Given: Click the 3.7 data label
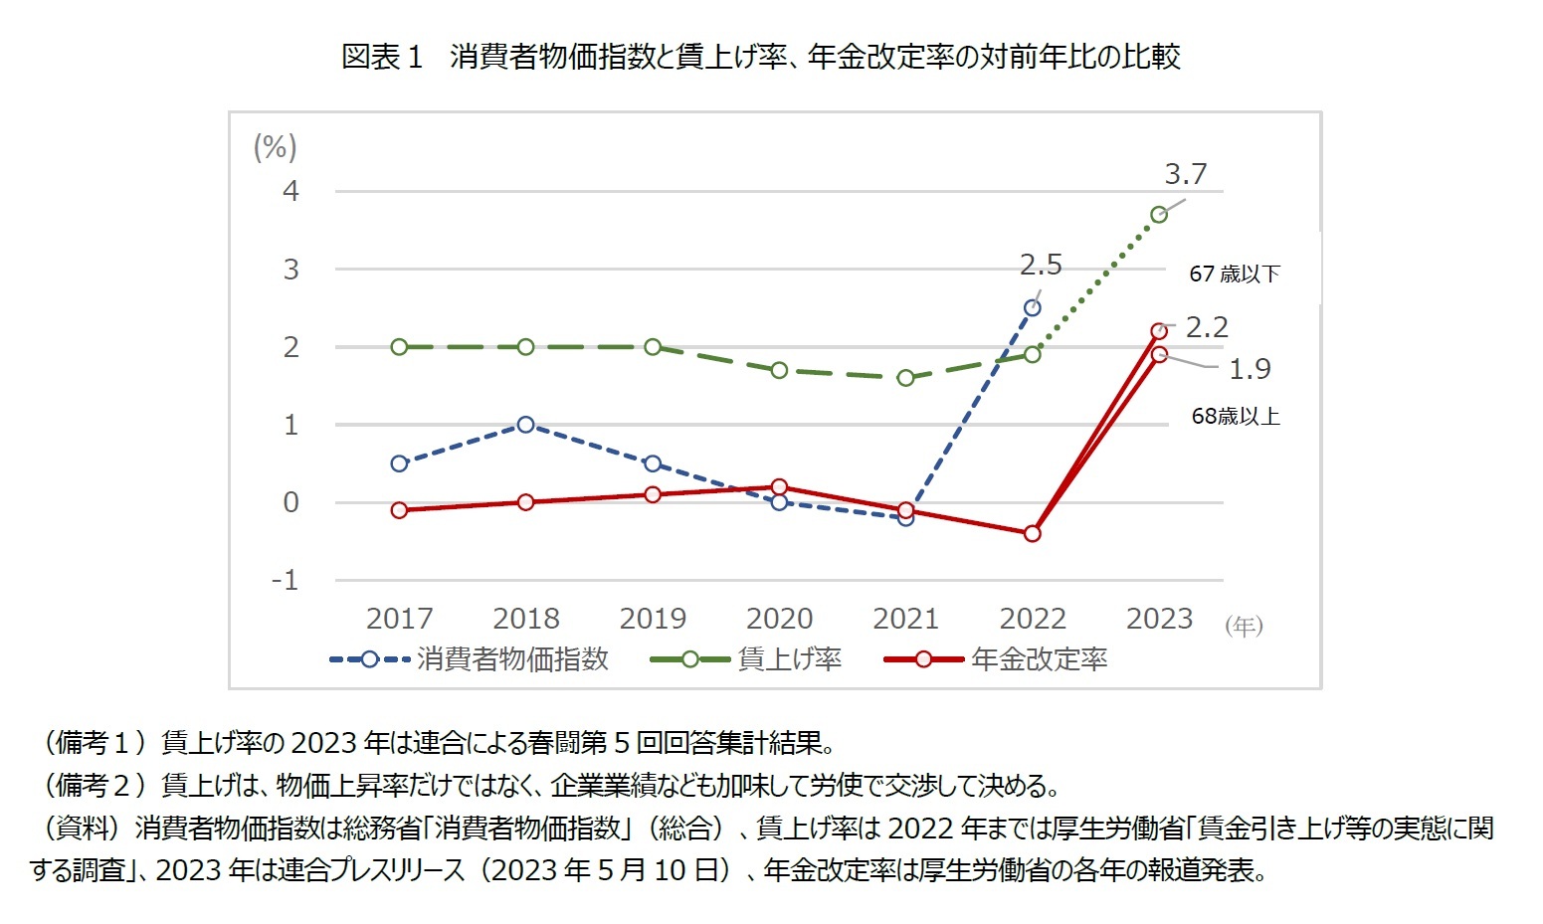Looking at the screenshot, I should pos(1185,175).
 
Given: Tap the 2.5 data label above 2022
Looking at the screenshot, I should pos(1041,266).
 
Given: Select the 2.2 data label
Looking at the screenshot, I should pos(1207,327).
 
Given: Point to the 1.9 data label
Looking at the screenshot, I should pos(1250,369).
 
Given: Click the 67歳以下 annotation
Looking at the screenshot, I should pos(1235,274).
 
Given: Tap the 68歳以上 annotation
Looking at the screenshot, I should pos(1236,417).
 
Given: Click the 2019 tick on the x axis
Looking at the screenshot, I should pos(653,619).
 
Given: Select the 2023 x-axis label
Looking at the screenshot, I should pos(1159,619).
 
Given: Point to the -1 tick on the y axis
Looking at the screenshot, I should pos(286,581).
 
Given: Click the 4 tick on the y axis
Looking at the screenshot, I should pos(290,191).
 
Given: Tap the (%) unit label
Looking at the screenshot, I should pos(276,148).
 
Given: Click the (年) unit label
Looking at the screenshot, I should pos(1244,626).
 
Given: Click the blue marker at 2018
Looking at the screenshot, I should pos(526,425).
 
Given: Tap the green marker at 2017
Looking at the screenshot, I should pos(399,347).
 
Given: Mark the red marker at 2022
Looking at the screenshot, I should pos(1033,534).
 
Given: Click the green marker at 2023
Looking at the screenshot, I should pos(1159,214).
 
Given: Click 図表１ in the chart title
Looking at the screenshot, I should pos(382,57).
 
